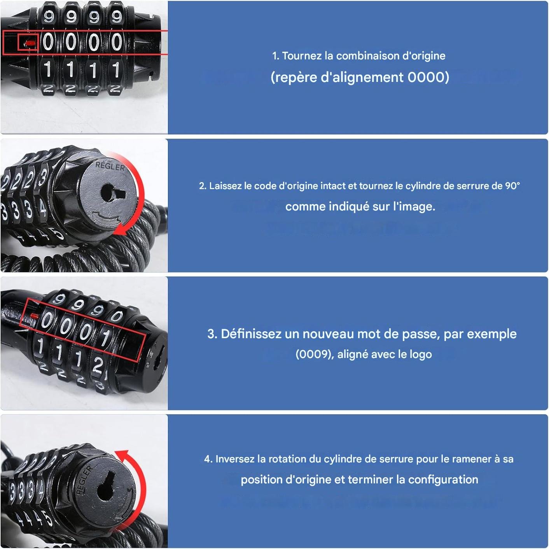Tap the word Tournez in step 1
[x=302, y=56]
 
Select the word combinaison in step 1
[x=368, y=56]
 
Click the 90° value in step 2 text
[x=512, y=186]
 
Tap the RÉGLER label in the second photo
[x=110, y=166]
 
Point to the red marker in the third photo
[x=35, y=316]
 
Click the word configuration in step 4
[x=443, y=480]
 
